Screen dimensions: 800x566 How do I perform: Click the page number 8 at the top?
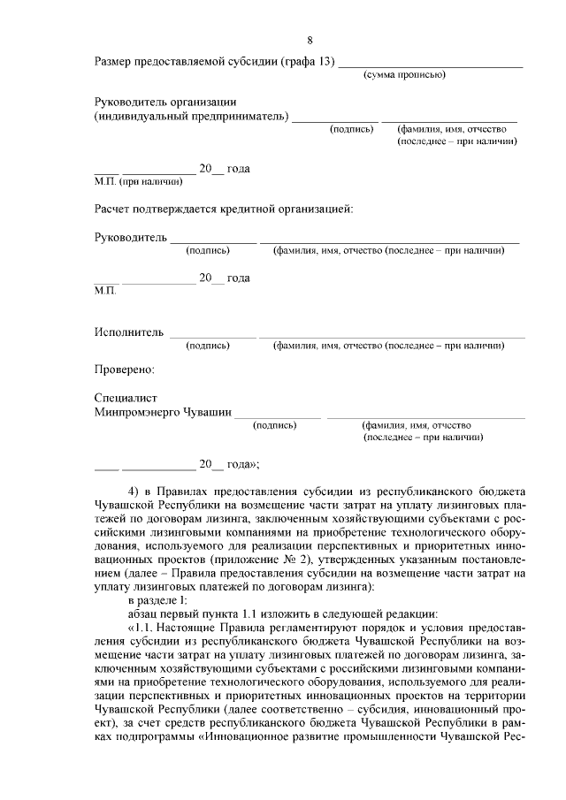310,40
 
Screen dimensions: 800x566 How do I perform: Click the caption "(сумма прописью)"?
404,74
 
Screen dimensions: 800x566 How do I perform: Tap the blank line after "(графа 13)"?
431,65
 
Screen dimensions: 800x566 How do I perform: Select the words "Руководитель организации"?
165,102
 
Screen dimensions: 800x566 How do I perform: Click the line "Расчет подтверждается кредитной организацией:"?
223,210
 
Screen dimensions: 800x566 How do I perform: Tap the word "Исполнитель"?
129,332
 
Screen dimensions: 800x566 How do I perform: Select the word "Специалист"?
126,398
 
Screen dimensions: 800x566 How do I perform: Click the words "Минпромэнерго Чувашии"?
163,412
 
